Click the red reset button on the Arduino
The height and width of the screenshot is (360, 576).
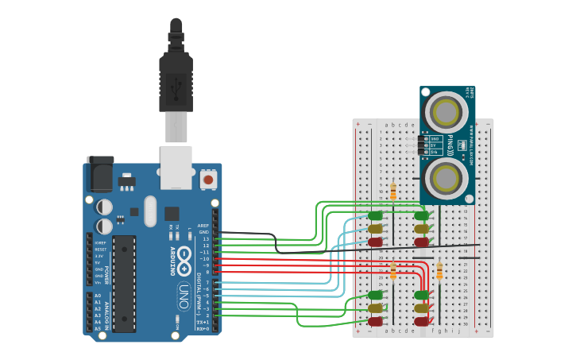coord(208,180)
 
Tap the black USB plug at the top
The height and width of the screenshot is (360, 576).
coord(176,75)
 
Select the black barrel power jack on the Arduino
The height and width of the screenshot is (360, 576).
coord(100,173)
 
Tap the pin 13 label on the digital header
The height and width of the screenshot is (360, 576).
coord(206,238)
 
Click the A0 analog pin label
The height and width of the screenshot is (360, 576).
coord(98,296)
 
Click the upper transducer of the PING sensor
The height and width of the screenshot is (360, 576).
coord(446,113)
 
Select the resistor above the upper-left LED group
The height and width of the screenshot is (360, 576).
coord(392,192)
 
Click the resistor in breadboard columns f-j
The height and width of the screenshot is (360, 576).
coord(439,272)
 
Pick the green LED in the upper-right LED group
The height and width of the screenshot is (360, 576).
coord(421,215)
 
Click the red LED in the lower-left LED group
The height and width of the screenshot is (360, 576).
coord(375,321)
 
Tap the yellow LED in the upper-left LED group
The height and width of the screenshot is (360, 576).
coord(375,229)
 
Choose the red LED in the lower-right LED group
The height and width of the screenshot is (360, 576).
coord(421,321)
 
